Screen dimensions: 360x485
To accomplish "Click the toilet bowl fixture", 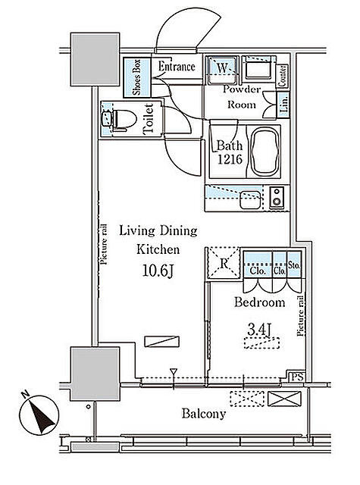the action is click(x=123, y=119).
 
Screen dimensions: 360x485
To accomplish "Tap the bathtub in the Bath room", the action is click(x=265, y=152).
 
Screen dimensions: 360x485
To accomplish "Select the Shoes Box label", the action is click(x=136, y=77).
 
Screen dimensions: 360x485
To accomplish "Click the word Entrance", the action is click(x=177, y=67).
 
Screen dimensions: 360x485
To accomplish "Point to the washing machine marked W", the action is click(x=222, y=70).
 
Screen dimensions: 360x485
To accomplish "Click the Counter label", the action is click(x=282, y=76).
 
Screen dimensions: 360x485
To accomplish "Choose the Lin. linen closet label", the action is click(x=284, y=104).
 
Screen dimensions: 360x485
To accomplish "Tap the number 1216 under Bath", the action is click(x=230, y=159).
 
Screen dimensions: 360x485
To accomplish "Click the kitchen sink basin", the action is click(x=250, y=200).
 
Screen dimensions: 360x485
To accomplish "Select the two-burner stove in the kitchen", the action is click(x=277, y=198).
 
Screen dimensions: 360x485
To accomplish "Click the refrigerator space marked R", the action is click(x=224, y=263).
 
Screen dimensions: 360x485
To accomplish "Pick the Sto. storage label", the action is click(x=294, y=266).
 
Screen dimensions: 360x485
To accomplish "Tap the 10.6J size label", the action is click(x=158, y=271).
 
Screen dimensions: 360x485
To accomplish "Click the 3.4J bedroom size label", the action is click(x=259, y=330).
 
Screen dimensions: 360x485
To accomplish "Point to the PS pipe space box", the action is click(x=296, y=377).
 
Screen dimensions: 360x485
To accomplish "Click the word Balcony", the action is click(x=204, y=414).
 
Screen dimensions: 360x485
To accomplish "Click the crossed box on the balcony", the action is click(x=284, y=399).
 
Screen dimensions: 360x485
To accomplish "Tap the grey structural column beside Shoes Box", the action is click(x=95, y=59).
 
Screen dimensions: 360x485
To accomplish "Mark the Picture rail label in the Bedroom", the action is click(x=301, y=315).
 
